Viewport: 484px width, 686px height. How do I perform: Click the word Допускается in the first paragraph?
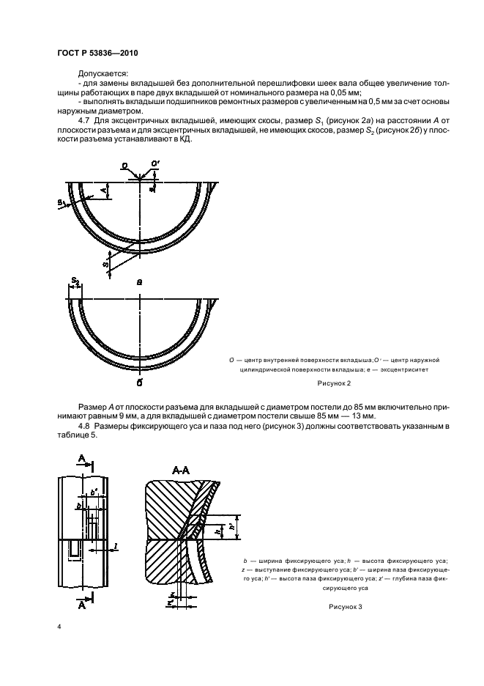pos(102,73)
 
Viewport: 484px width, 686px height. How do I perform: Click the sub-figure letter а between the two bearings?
pos(139,280)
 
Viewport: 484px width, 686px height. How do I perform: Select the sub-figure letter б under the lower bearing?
pos(139,382)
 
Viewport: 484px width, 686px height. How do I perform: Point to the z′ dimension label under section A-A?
pos(170,602)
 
